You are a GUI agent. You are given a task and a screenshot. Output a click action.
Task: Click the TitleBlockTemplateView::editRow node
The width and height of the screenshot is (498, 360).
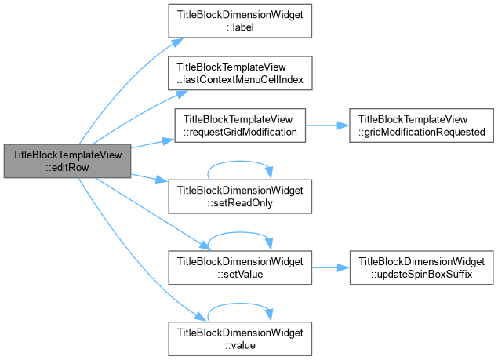click(x=67, y=161)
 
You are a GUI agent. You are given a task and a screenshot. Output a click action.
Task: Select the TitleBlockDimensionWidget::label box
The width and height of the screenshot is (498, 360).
click(x=240, y=21)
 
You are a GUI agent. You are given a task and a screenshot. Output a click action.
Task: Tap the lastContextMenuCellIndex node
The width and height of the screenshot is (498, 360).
click(x=240, y=73)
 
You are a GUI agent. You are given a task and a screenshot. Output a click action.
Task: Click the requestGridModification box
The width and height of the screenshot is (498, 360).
click(x=240, y=125)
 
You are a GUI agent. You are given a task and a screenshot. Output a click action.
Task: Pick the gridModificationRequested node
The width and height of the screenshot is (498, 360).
click(x=421, y=125)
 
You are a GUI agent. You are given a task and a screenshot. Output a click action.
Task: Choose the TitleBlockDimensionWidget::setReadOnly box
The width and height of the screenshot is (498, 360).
click(x=240, y=196)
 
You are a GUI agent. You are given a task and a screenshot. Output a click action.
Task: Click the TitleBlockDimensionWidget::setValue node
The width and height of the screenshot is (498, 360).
click(x=240, y=267)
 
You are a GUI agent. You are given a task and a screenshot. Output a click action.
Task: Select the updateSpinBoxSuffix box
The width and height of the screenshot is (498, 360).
click(x=421, y=267)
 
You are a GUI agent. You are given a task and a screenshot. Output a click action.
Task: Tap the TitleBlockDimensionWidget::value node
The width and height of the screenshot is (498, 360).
click(x=240, y=339)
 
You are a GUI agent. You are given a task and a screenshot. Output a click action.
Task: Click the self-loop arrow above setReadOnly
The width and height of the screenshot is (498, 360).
click(x=240, y=162)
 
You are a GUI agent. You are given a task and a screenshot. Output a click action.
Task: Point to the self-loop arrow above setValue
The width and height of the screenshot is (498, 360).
click(x=240, y=233)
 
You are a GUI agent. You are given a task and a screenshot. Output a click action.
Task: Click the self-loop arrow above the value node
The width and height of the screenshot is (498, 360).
click(x=240, y=304)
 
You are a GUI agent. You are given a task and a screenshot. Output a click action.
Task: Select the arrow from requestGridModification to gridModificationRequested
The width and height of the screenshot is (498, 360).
click(x=328, y=125)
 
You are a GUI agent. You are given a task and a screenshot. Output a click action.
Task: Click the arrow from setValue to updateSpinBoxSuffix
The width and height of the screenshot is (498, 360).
click(x=331, y=267)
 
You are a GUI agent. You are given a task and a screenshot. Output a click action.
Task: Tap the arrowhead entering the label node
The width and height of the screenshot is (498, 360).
click(x=177, y=42)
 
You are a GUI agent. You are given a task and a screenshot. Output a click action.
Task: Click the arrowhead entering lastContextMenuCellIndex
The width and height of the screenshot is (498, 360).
click(x=181, y=94)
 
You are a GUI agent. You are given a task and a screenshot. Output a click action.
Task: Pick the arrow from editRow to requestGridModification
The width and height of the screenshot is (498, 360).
click(x=152, y=144)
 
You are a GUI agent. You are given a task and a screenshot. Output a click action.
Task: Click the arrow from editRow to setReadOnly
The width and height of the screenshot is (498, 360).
click(x=149, y=178)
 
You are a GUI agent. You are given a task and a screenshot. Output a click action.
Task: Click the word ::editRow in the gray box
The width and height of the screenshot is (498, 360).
click(x=67, y=167)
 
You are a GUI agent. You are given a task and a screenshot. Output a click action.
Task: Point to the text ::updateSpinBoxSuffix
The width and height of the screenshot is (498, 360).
click(x=421, y=274)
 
